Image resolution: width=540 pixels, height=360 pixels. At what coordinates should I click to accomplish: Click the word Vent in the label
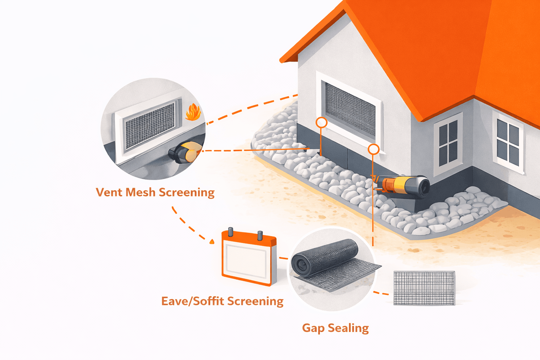pyautogui.click(x=109, y=192)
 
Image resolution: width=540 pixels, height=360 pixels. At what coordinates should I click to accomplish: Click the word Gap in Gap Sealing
pyautogui.click(x=313, y=328)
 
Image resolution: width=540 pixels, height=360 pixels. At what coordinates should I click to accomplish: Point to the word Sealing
pyautogui.click(x=348, y=328)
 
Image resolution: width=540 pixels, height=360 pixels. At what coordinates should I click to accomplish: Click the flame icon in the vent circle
pyautogui.click(x=193, y=112)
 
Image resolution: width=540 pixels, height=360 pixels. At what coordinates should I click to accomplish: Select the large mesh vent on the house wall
pyautogui.click(x=350, y=109)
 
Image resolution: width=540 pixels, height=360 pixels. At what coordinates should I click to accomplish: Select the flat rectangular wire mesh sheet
pyautogui.click(x=424, y=288)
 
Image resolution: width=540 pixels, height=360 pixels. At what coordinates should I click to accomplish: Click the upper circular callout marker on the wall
pyautogui.click(x=321, y=123)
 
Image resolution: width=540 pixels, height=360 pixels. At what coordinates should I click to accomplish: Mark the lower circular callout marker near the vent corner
pyautogui.click(x=373, y=149)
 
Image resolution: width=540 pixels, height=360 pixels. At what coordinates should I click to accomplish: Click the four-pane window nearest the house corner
pyautogui.click(x=448, y=144)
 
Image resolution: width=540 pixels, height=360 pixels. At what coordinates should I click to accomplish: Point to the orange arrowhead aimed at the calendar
pyautogui.click(x=212, y=242)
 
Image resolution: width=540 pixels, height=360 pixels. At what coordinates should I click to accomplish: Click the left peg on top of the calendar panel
pyautogui.click(x=231, y=232)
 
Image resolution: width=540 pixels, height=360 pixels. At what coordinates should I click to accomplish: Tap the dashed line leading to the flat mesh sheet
pyautogui.click(x=381, y=293)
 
